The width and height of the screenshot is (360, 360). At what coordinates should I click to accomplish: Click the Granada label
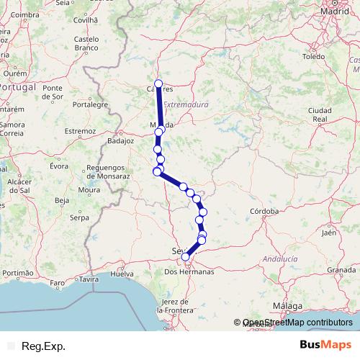coord(341,269)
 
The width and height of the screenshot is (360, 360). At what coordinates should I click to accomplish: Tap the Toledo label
coord(315,56)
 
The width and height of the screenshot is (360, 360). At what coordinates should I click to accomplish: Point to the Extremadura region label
coord(186,104)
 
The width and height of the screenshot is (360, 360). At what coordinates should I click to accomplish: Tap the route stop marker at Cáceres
coord(158,83)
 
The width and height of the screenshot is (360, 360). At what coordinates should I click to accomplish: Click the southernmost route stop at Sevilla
coord(186,256)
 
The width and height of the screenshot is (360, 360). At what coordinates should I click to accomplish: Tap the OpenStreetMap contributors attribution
coord(297,323)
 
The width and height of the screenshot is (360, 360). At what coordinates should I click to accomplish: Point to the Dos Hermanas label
coord(189,272)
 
